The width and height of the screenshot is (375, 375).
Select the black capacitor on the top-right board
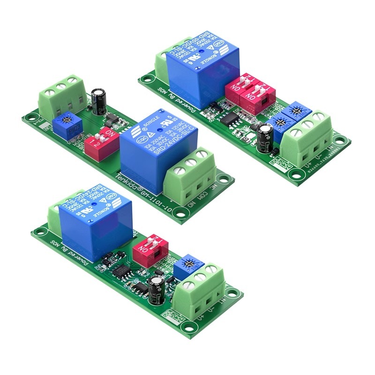(x=266, y=136)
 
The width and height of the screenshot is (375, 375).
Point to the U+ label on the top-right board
(x=308, y=165)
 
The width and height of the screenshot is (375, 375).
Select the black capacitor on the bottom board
(x=156, y=289)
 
